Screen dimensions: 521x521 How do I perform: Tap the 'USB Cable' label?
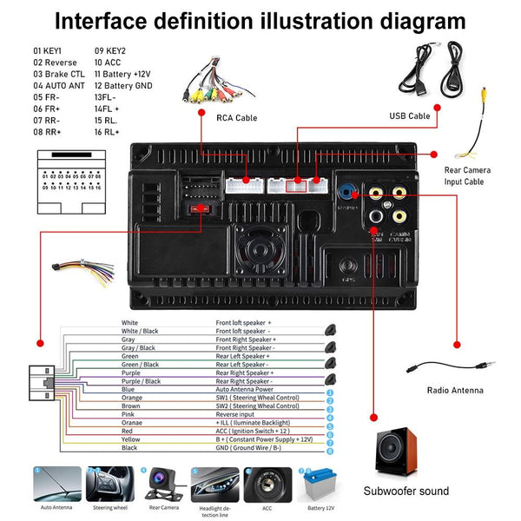pyautogui.click(x=408, y=115)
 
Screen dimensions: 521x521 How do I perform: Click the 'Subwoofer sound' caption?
pyautogui.click(x=406, y=491)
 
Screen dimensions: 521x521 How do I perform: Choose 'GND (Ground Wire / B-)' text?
pyautogui.click(x=258, y=448)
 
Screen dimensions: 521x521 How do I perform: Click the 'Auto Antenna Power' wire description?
pyautogui.click(x=252, y=390)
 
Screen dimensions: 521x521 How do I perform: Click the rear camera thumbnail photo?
pyautogui.click(x=162, y=484)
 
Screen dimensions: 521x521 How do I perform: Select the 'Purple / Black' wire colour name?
pyautogui.click(x=140, y=381)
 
